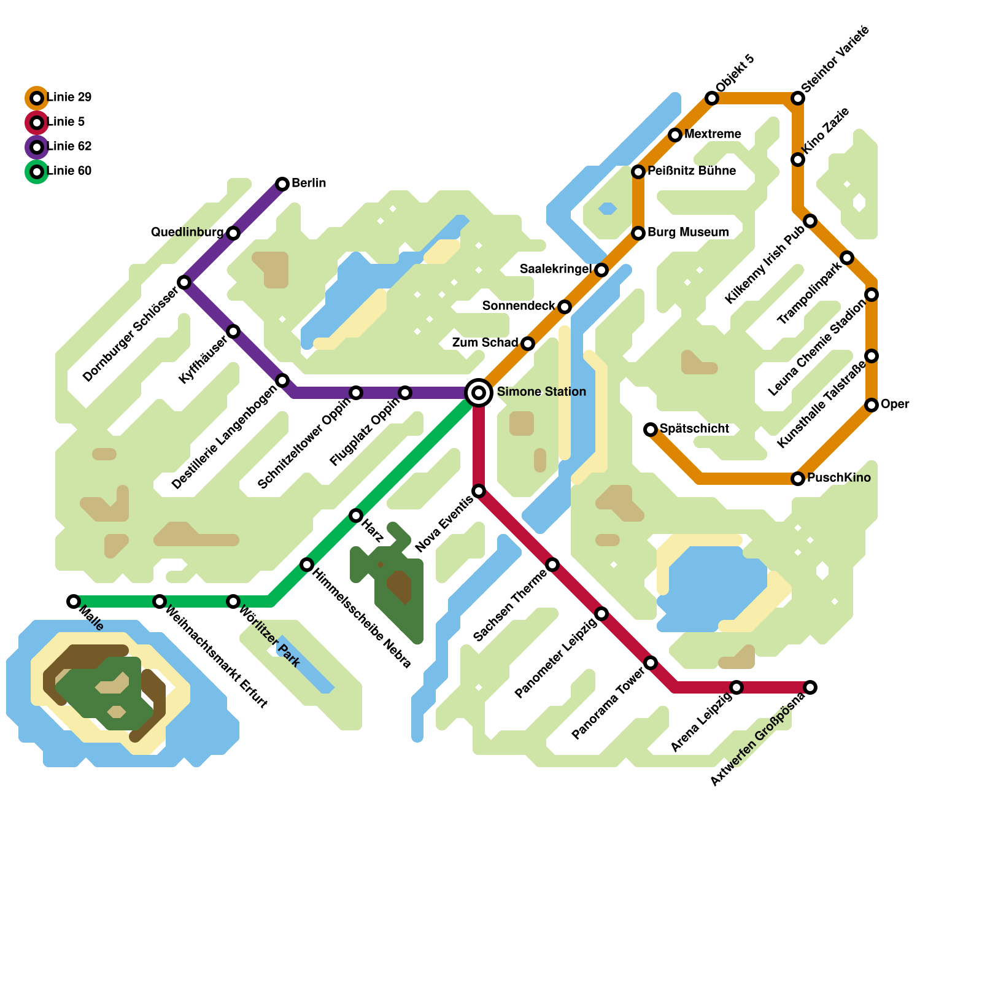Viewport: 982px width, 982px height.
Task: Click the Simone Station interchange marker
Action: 479,392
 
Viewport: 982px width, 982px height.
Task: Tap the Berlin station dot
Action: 282,184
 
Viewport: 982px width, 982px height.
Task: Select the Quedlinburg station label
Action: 187,232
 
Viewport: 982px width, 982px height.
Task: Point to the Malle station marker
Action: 74,601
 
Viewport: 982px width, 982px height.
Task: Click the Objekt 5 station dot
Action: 712,98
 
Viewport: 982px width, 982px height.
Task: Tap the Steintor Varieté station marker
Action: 798,98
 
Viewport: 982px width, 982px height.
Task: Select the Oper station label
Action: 895,404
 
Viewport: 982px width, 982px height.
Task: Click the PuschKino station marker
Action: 798,478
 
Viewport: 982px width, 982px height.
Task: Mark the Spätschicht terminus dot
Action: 651,429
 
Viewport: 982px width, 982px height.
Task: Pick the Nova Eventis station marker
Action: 479,490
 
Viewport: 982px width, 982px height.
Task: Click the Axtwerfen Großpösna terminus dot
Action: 810,687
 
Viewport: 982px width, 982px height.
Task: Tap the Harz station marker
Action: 356,515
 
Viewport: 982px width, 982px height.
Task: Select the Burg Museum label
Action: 688,232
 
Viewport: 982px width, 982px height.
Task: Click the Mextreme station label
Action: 713,134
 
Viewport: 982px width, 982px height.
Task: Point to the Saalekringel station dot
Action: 601,269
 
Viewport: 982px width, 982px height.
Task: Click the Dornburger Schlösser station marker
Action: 184,282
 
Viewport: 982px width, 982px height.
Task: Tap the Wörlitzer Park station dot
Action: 233,601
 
